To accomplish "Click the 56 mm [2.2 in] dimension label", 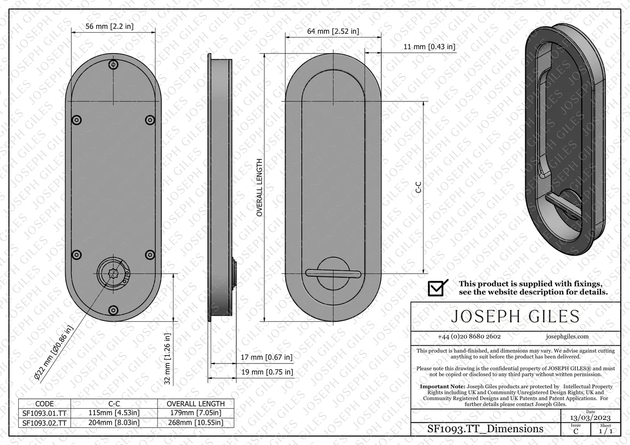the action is click(109, 26).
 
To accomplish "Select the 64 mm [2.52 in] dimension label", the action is click(333, 31).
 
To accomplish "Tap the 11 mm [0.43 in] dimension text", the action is click(429, 47).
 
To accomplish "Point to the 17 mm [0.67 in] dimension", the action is click(266, 357).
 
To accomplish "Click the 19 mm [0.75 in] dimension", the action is click(267, 372).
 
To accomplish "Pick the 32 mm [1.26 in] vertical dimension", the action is click(167, 359).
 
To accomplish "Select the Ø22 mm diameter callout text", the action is click(54, 353).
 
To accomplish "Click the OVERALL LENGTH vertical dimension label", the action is click(259, 187).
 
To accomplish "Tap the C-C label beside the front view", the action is click(418, 187).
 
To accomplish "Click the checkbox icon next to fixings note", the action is click(437, 288).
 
